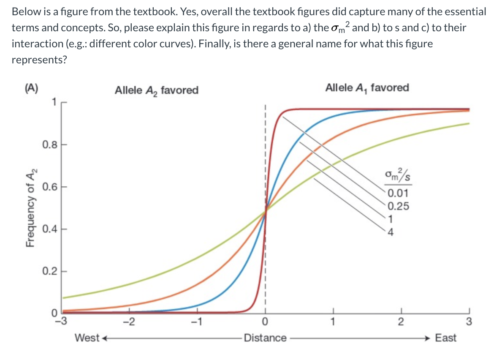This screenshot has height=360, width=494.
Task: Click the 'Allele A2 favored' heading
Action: (156, 90)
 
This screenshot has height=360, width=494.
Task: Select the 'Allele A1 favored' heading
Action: (367, 88)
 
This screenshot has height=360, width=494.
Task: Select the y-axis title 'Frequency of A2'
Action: (31, 207)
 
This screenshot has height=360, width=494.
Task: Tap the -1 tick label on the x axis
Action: (197, 324)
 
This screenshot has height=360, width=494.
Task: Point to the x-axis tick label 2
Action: (401, 324)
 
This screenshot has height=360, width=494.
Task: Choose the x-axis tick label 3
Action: (469, 324)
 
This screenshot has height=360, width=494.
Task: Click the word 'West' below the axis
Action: (87, 338)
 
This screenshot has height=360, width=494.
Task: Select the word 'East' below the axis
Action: (445, 338)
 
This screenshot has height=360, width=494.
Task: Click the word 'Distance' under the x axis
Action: (265, 338)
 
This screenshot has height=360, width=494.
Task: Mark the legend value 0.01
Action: (398, 194)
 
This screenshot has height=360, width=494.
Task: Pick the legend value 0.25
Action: (398, 207)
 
